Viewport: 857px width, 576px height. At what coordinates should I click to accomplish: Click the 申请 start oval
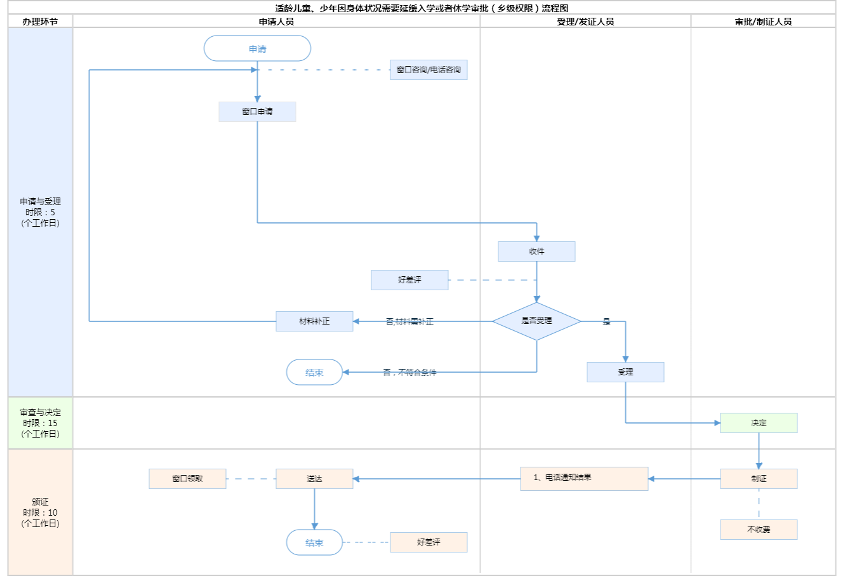[257, 48]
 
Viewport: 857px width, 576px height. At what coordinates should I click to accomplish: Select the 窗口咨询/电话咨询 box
[428, 70]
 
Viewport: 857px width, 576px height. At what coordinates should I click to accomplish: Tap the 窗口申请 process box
[257, 112]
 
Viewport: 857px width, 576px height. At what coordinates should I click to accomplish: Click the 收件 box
[536, 251]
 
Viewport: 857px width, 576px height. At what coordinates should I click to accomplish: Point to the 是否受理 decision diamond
[536, 321]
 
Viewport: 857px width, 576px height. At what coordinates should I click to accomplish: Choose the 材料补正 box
[314, 321]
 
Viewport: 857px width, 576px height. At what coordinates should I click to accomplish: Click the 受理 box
[625, 372]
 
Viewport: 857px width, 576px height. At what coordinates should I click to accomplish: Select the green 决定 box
[759, 423]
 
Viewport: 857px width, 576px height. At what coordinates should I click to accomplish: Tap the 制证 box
[759, 479]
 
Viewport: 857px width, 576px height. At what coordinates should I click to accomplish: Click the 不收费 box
[759, 530]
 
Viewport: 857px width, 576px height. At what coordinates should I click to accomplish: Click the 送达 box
[314, 479]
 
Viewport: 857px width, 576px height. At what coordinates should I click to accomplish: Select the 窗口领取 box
[187, 479]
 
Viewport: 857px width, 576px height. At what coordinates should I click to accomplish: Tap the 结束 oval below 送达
[314, 542]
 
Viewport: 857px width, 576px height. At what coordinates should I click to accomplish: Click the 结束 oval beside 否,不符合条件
[314, 372]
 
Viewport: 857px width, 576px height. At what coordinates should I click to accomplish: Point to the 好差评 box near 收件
[409, 280]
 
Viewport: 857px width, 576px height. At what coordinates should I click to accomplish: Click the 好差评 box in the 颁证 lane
[428, 542]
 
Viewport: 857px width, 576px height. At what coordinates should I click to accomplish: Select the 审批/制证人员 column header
[763, 22]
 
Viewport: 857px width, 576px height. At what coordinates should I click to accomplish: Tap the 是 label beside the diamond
[606, 322]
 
